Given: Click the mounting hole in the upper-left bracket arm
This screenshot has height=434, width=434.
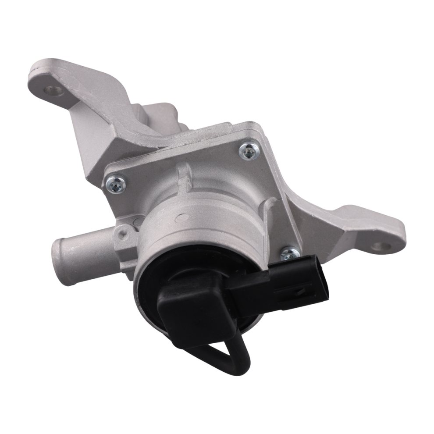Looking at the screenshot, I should pyautogui.click(x=53, y=91).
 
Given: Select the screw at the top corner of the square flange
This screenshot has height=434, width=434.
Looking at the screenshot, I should pyautogui.click(x=249, y=150).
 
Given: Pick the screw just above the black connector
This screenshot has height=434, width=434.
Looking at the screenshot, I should pyautogui.click(x=289, y=254).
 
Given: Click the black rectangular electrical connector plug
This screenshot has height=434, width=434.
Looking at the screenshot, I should pyautogui.click(x=285, y=281).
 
